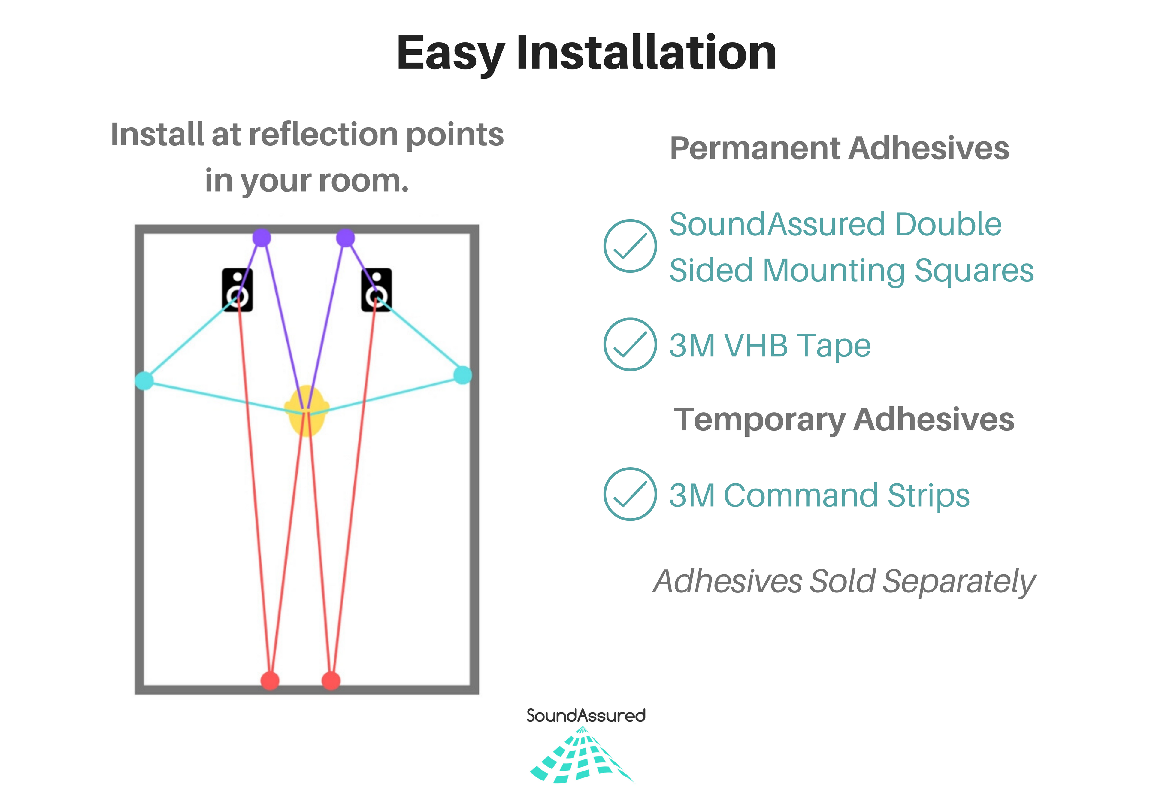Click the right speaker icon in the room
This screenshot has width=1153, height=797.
[x=377, y=289]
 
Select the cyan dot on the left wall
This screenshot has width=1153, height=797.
[x=144, y=380]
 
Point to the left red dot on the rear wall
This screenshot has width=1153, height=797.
[x=270, y=680]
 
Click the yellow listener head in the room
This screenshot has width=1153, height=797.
[x=307, y=411]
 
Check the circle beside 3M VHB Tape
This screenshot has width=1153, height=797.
[x=630, y=344]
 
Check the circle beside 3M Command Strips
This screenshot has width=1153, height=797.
[x=630, y=494]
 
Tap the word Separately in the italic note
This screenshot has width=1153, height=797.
[x=959, y=582]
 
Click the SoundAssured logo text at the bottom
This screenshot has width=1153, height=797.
[x=586, y=716]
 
